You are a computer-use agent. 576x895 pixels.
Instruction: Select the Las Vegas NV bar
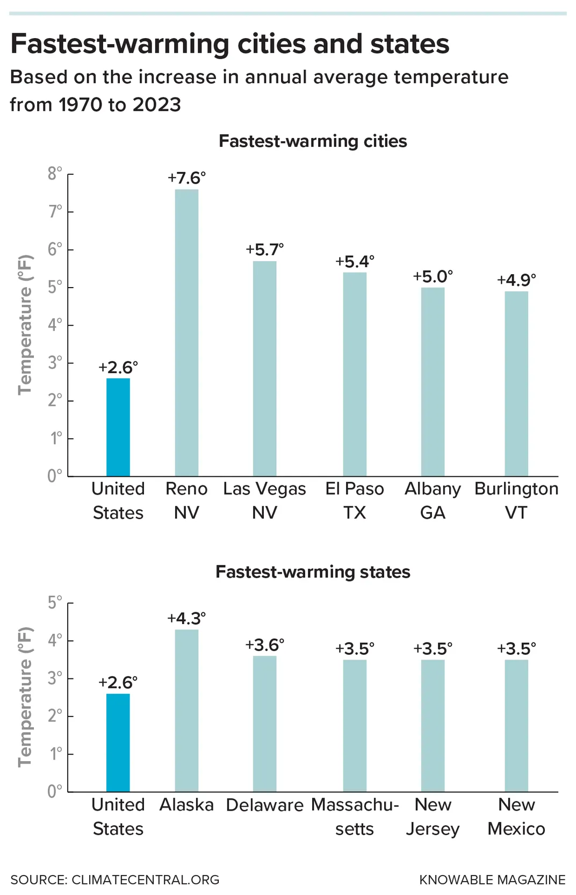[264, 368]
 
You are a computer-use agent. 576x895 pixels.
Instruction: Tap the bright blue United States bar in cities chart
[118, 427]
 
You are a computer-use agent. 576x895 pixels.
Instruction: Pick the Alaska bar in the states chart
[186, 710]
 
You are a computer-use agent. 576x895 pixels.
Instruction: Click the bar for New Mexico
[516, 725]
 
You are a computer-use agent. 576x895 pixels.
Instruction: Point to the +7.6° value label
[186, 178]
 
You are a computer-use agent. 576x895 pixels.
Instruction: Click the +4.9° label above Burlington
[516, 280]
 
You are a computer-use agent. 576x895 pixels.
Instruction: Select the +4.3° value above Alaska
[186, 619]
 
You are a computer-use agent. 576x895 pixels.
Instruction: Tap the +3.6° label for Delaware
[264, 645]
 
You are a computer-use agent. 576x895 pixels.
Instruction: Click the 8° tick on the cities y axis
[55, 174]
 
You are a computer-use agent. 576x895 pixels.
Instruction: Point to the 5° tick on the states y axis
[55, 603]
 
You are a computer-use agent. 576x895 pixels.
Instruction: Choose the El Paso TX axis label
[355, 500]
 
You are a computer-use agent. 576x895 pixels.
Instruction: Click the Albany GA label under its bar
[433, 500]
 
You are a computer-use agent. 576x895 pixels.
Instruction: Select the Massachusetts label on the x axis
[355, 817]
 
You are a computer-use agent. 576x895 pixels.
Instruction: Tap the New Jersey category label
[433, 817]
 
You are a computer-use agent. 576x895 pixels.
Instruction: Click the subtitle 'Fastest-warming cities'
[313, 141]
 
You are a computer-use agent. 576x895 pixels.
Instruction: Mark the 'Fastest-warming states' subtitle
[313, 572]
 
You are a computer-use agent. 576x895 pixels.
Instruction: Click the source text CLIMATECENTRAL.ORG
[145, 880]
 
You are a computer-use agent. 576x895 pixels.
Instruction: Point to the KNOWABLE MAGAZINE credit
[492, 880]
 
